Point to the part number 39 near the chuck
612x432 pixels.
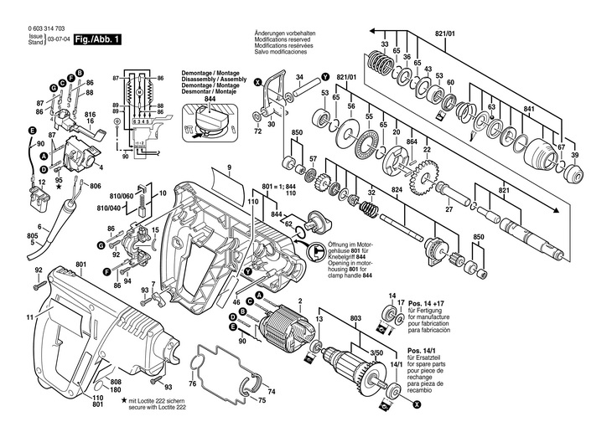[x=574, y=157]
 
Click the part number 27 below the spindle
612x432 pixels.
[x=449, y=211]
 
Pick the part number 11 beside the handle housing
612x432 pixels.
[x=29, y=317]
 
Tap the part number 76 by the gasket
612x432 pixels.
[x=191, y=384]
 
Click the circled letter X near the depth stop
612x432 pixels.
[x=257, y=82]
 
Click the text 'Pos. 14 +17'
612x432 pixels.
[x=423, y=303]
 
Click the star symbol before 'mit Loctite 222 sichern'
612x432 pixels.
[x=124, y=403]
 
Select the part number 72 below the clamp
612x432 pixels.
[x=257, y=132]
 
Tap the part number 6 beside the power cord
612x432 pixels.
[x=39, y=227]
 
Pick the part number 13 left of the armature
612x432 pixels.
[x=319, y=320]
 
